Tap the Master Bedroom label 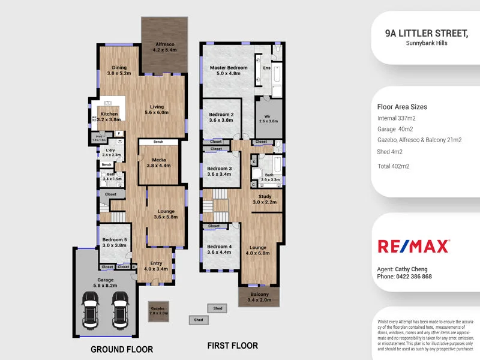(228, 68)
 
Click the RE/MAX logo (413, 246)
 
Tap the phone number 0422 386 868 (413, 277)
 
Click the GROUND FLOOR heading (122, 349)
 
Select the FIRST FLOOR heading (232, 346)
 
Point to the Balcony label (259, 295)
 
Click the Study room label (265, 196)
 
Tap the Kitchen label (109, 114)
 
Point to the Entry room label (156, 263)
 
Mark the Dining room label (119, 68)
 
